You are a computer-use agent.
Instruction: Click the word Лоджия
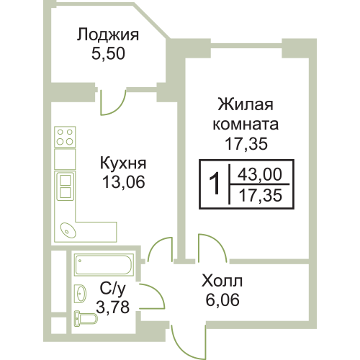(x=108, y=35)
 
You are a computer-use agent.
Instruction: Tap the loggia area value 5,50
(x=108, y=53)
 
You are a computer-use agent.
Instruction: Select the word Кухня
(x=123, y=164)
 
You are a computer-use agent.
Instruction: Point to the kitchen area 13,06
(x=124, y=181)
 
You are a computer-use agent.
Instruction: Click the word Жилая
(x=246, y=104)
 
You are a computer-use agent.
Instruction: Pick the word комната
(x=246, y=125)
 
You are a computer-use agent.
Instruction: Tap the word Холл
(x=222, y=281)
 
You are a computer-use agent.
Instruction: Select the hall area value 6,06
(x=222, y=300)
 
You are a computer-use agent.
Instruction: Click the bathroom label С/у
(x=112, y=289)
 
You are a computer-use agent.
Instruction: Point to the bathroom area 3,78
(x=113, y=307)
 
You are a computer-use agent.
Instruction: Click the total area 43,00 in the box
(x=260, y=174)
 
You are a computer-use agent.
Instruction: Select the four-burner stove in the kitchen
(x=65, y=137)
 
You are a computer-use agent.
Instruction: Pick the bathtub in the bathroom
(x=104, y=265)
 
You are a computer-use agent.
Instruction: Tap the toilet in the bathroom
(x=86, y=319)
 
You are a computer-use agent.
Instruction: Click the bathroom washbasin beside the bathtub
(x=80, y=294)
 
